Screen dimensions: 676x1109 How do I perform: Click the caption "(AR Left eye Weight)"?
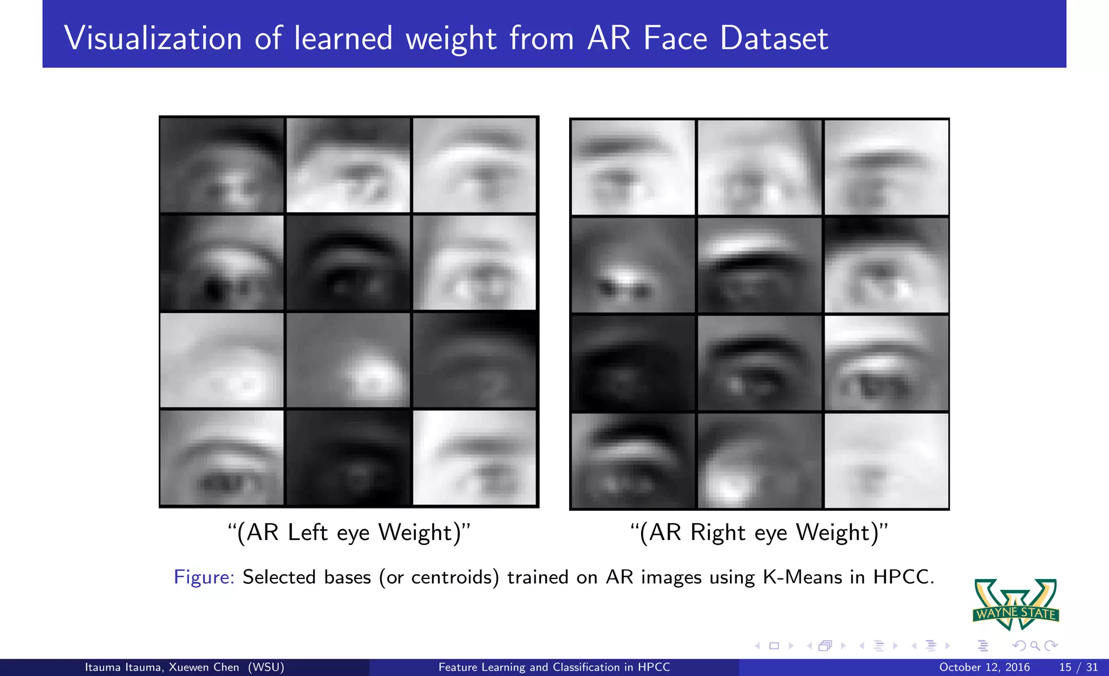349,532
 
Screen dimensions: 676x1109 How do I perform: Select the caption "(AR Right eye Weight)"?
759,532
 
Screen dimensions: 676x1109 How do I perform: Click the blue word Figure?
204,577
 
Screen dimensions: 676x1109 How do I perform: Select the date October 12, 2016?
984,667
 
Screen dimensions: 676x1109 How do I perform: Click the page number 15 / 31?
1078,667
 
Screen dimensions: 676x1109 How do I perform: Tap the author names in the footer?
184,667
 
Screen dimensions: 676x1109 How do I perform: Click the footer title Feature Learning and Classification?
554,667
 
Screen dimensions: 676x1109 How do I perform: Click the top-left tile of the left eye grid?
222,165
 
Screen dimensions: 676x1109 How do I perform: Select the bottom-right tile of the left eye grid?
474,458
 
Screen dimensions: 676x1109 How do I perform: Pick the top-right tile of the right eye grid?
886,167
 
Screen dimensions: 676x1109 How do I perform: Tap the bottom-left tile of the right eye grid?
633,460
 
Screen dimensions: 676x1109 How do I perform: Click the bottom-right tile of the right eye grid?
886,460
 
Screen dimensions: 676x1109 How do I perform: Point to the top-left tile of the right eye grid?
633,167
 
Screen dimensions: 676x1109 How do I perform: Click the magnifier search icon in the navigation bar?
1035,646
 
